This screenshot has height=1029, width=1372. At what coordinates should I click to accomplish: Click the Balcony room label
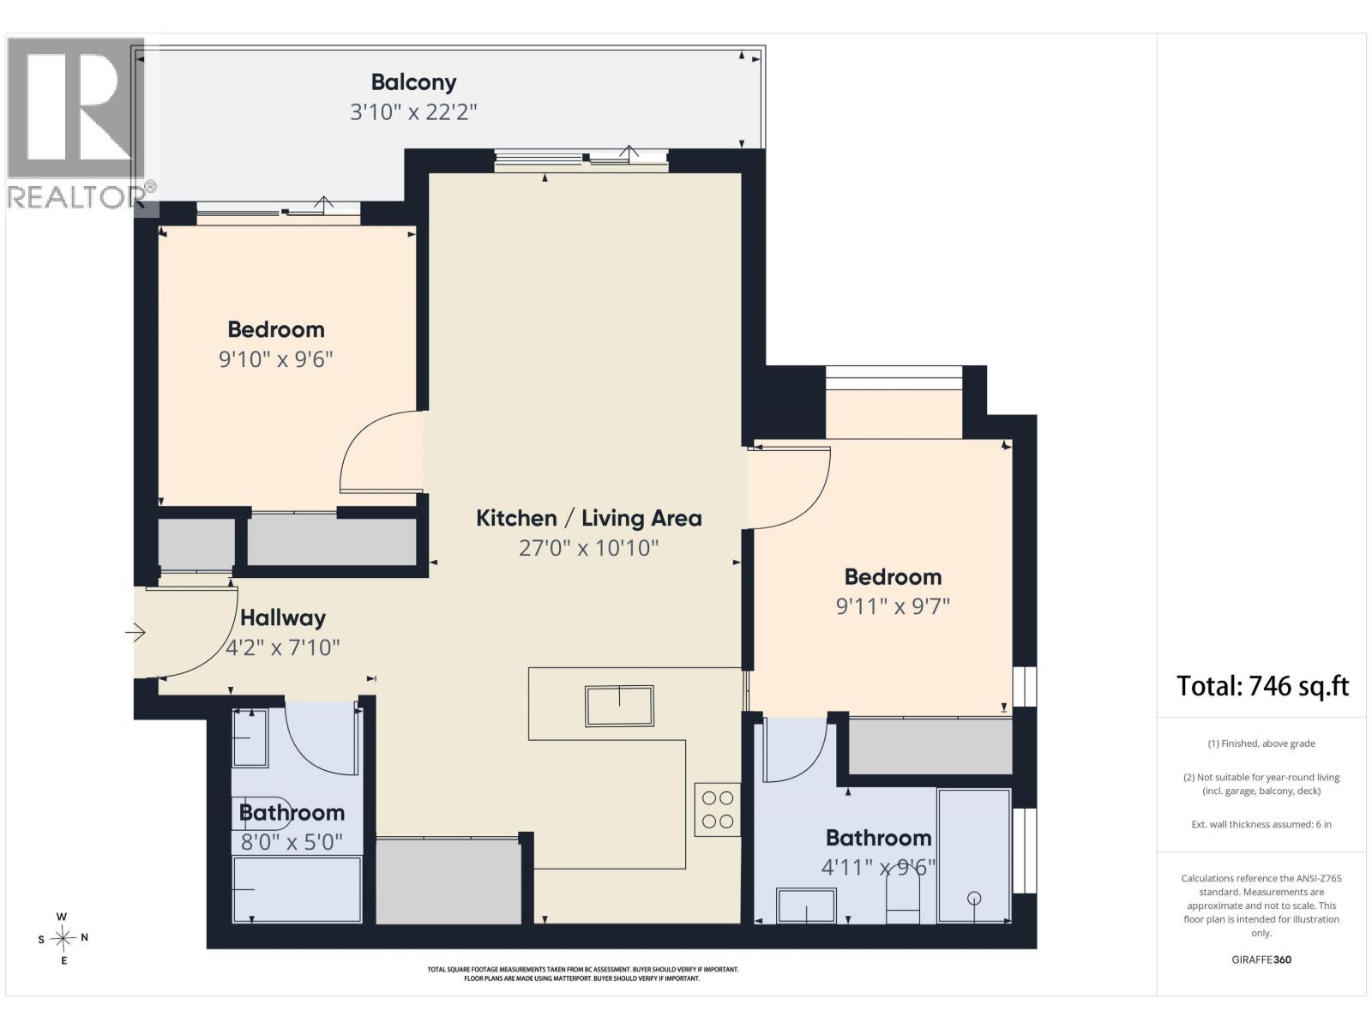pyautogui.click(x=413, y=82)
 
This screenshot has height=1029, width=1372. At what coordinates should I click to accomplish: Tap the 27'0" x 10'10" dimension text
pyautogui.click(x=589, y=548)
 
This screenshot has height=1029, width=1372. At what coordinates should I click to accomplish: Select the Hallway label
pyautogui.click(x=283, y=618)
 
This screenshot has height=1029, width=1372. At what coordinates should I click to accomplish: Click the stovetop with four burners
pyautogui.click(x=718, y=809)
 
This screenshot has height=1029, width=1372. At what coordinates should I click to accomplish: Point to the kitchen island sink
pyautogui.click(x=619, y=706)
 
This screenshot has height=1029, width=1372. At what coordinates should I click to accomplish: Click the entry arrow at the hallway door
pyautogui.click(x=135, y=632)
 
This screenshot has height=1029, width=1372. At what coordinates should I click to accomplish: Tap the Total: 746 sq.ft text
pyautogui.click(x=1262, y=686)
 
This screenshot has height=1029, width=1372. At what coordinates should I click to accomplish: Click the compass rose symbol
pyautogui.click(x=63, y=938)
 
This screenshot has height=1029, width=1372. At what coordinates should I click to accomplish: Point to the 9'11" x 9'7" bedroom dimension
pyautogui.click(x=893, y=606)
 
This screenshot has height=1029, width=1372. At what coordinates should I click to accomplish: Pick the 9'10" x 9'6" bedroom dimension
pyautogui.click(x=275, y=359)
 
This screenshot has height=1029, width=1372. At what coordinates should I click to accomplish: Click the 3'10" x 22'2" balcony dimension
pyautogui.click(x=413, y=112)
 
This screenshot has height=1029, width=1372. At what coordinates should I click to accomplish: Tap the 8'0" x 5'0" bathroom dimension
pyautogui.click(x=292, y=842)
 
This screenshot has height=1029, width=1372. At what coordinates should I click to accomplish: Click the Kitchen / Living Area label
pyautogui.click(x=589, y=518)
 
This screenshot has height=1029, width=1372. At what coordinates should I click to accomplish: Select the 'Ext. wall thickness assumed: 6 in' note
pyautogui.click(x=1261, y=824)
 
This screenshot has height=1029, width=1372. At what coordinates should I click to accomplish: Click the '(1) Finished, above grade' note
pyautogui.click(x=1261, y=743)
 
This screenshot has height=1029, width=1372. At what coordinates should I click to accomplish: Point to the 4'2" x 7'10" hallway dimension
pyautogui.click(x=282, y=647)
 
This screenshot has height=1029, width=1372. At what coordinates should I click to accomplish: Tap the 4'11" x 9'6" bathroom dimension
pyautogui.click(x=878, y=867)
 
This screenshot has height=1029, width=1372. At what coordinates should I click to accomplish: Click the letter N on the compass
pyautogui.click(x=84, y=937)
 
